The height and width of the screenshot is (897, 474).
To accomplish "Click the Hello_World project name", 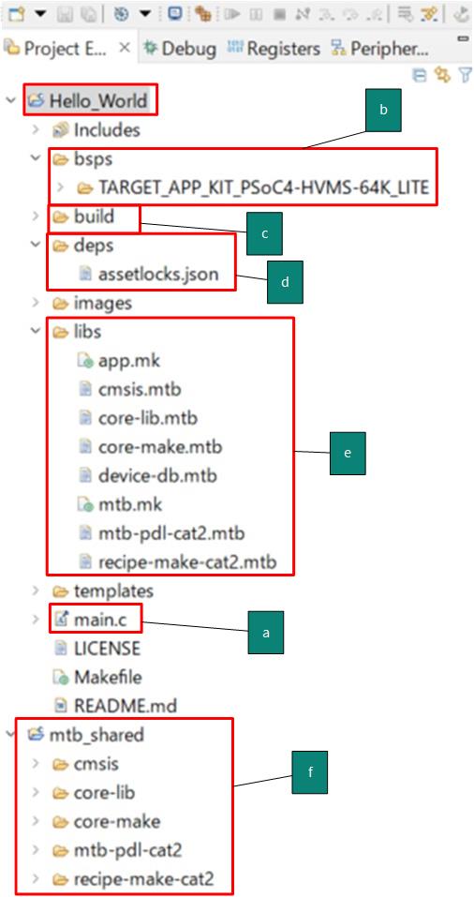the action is pos(98,100).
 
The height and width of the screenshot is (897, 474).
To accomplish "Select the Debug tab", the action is pos(181,49).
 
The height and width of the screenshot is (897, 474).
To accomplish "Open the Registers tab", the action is pos(274,49).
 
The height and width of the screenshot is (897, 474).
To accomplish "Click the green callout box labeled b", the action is pos(384,110).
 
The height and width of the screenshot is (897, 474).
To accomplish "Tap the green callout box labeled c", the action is pos(264,233).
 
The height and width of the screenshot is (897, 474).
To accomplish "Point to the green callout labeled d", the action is pos(285,282).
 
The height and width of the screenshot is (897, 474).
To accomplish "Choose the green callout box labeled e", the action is pos(348,453).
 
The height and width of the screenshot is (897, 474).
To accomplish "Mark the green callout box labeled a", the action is pos(265,632).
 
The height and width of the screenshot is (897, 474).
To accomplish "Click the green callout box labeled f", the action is pos(310,771).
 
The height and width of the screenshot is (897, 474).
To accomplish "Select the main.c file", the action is pos(100,619).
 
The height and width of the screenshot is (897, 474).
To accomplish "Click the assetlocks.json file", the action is pos(158,274).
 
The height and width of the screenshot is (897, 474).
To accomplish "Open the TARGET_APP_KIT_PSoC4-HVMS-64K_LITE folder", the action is pos(263,187).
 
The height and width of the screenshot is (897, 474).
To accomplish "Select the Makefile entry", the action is pos(108,677).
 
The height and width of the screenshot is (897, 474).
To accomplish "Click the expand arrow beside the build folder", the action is pos(36,217).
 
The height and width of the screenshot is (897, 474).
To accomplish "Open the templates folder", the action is pos(113,590).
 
